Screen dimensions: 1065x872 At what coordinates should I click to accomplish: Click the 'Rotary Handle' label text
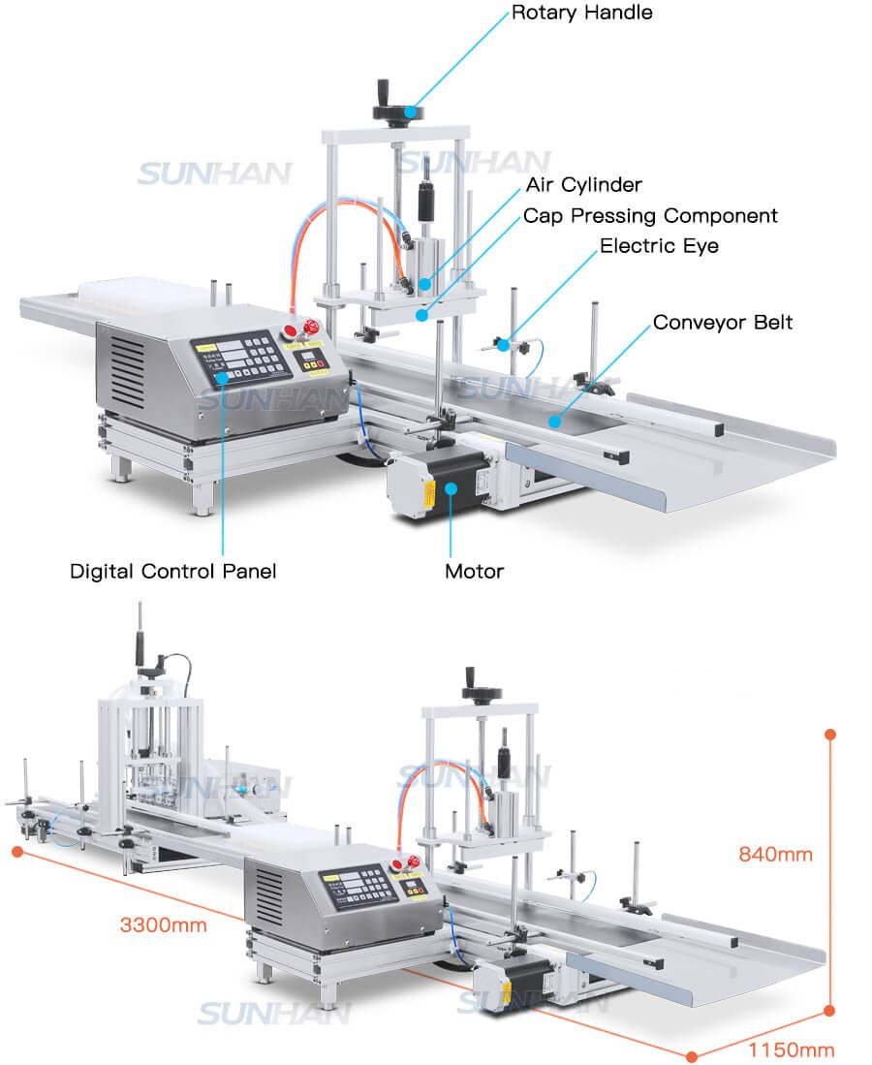click(x=581, y=13)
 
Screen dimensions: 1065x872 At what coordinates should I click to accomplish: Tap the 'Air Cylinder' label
click(x=583, y=184)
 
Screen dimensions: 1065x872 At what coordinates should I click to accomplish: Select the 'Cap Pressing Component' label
click(x=650, y=215)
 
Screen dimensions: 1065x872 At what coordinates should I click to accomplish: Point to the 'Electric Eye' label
click(x=659, y=246)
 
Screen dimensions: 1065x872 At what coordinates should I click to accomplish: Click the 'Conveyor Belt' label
click(x=722, y=322)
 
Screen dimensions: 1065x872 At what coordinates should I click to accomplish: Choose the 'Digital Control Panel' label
click(x=172, y=571)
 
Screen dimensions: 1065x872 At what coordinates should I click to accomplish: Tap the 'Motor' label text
click(x=474, y=571)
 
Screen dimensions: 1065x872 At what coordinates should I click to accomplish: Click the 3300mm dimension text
click(x=163, y=924)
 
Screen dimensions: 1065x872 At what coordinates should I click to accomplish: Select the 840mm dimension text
click(x=775, y=855)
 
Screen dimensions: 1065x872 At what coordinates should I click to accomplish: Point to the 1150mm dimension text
click(x=791, y=1049)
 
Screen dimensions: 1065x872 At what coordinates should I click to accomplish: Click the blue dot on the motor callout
click(x=451, y=487)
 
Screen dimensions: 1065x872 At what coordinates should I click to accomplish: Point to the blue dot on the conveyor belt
click(x=553, y=421)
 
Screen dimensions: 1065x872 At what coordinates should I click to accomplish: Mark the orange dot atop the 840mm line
click(x=829, y=735)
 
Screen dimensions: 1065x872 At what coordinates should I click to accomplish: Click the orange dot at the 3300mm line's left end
click(x=17, y=851)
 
